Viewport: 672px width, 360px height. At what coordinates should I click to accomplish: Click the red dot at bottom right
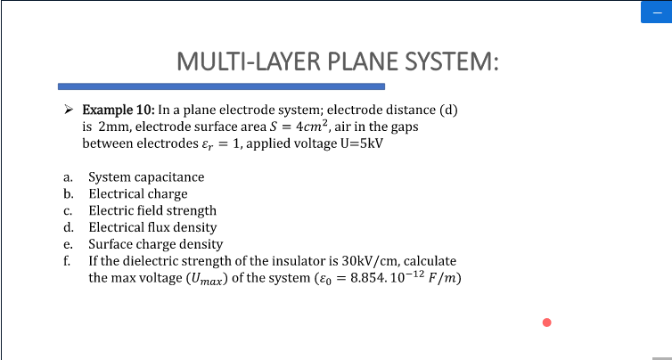547,323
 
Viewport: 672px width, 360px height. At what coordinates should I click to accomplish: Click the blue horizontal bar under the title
221,86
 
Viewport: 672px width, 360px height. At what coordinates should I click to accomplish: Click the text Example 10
118,110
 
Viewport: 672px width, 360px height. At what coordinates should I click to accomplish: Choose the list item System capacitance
146,177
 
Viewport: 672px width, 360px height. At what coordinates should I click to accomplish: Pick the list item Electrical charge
138,193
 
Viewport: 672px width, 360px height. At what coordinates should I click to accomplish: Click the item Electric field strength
152,211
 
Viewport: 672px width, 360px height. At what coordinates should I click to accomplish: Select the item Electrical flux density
152,227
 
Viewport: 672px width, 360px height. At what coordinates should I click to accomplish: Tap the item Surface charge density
155,244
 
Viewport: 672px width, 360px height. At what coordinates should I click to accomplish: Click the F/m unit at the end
443,277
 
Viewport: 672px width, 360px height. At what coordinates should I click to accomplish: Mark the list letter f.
67,260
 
